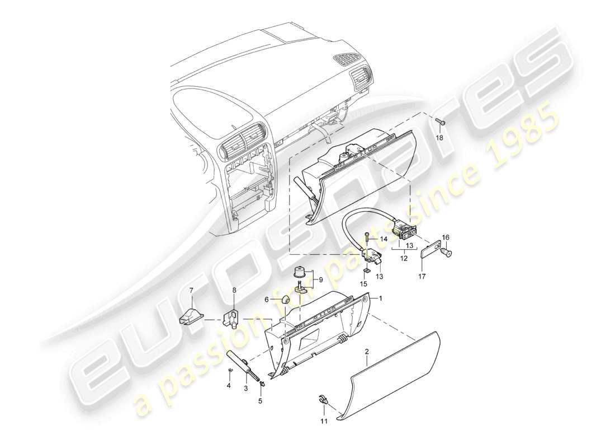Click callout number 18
[x=439, y=137]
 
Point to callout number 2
[x=367, y=352]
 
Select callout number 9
[x=321, y=278]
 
